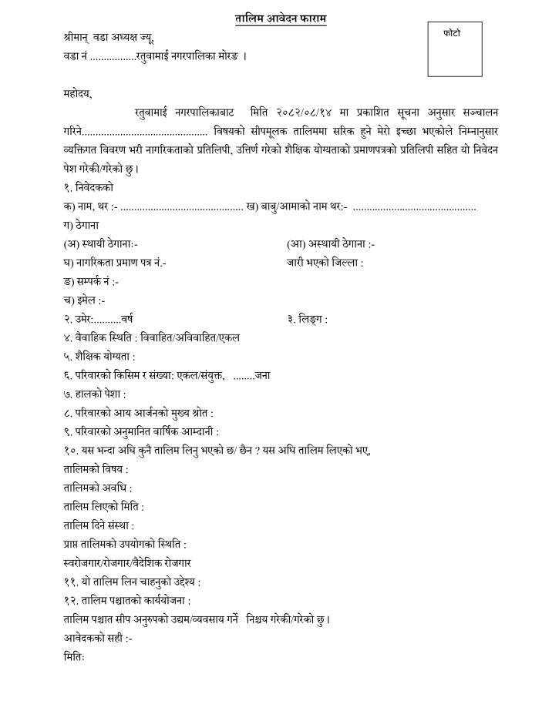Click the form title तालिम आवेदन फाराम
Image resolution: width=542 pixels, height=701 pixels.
(281, 18)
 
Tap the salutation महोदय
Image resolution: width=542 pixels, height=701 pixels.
(78, 95)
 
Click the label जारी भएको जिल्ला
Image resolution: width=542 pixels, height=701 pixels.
(325, 263)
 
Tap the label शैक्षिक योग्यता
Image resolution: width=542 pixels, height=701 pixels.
(104, 357)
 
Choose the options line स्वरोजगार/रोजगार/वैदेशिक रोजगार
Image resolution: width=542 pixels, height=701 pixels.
(127, 563)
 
